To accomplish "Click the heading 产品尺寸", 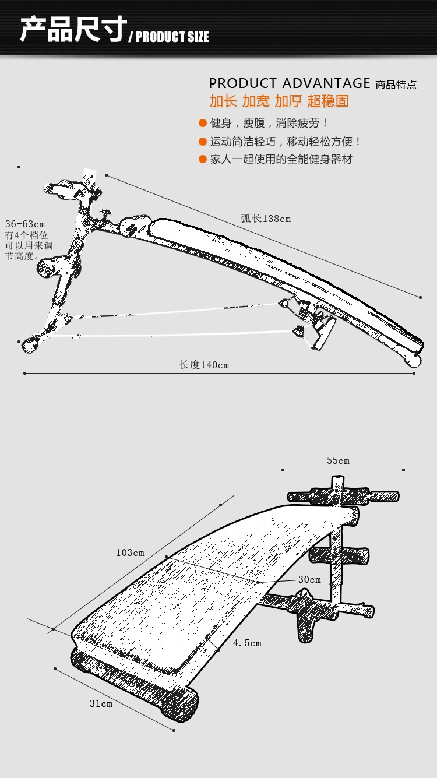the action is click(73, 30).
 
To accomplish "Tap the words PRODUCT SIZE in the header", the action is click(172, 37).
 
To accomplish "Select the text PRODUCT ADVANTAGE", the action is click(290, 83).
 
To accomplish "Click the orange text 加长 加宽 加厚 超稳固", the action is click(279, 101).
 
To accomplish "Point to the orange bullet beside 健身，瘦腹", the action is click(203, 123).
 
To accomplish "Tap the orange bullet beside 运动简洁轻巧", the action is click(203, 142).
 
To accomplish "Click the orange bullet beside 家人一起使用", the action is click(203, 159).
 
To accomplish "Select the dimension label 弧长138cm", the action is click(266, 219).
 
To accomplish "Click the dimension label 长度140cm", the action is click(204, 365).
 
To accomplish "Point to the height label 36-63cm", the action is click(25, 224).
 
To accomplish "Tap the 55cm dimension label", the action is click(338, 460).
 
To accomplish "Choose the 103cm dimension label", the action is click(130, 552).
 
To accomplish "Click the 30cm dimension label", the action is click(309, 579).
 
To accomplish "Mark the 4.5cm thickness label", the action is click(247, 643).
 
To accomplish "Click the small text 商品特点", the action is click(396, 85).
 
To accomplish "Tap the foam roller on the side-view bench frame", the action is click(46, 267).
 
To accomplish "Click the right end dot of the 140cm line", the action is click(414, 374).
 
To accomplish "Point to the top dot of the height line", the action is click(19, 167).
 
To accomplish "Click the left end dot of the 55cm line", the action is click(283, 470).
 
